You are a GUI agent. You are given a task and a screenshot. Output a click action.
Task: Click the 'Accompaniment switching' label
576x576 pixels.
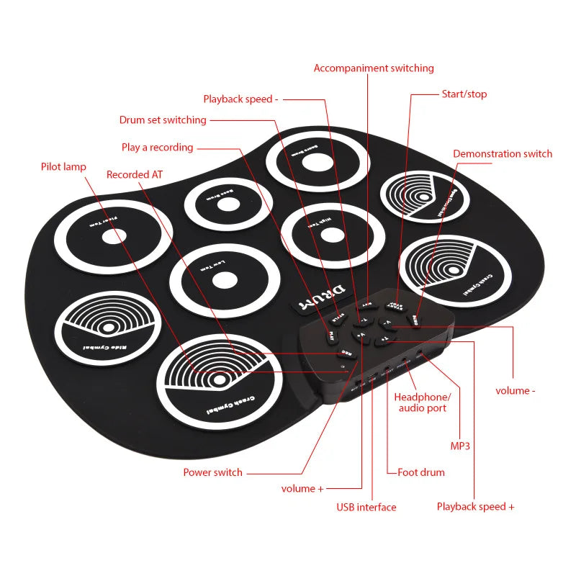pyautogui.click(x=374, y=68)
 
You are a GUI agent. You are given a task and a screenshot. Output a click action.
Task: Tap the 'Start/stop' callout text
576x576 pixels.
pyautogui.click(x=464, y=94)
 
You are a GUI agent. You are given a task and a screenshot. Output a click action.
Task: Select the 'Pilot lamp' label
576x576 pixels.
pyautogui.click(x=63, y=167)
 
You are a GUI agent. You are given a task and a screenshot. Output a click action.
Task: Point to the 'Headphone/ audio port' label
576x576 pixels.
pyautogui.click(x=422, y=402)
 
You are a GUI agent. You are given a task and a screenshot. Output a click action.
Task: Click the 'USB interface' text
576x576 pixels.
pyautogui.click(x=366, y=507)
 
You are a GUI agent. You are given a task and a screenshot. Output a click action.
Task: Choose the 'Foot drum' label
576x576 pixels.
pyautogui.click(x=421, y=472)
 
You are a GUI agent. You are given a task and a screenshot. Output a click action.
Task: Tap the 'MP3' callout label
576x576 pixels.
pyautogui.click(x=460, y=446)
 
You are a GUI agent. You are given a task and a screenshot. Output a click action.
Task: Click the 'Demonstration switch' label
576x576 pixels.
pyautogui.click(x=503, y=154)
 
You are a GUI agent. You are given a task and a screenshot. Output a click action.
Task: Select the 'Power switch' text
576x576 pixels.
pyautogui.click(x=212, y=472)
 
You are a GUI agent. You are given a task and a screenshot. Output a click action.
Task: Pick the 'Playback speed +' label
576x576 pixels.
pyautogui.click(x=475, y=506)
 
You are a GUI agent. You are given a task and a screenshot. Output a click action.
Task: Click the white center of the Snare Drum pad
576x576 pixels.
pyautogui.click(x=313, y=162)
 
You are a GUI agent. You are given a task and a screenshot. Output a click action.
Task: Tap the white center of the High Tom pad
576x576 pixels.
pyautogui.click(x=332, y=234)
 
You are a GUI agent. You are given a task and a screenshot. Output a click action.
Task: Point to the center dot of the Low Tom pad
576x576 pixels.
pyautogui.click(x=224, y=279)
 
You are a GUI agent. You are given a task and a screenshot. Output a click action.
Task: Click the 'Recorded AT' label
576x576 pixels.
pyautogui.click(x=135, y=175)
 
